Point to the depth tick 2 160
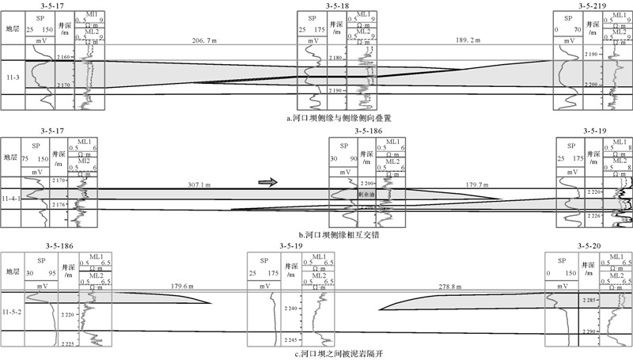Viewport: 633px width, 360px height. (x=64, y=58)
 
